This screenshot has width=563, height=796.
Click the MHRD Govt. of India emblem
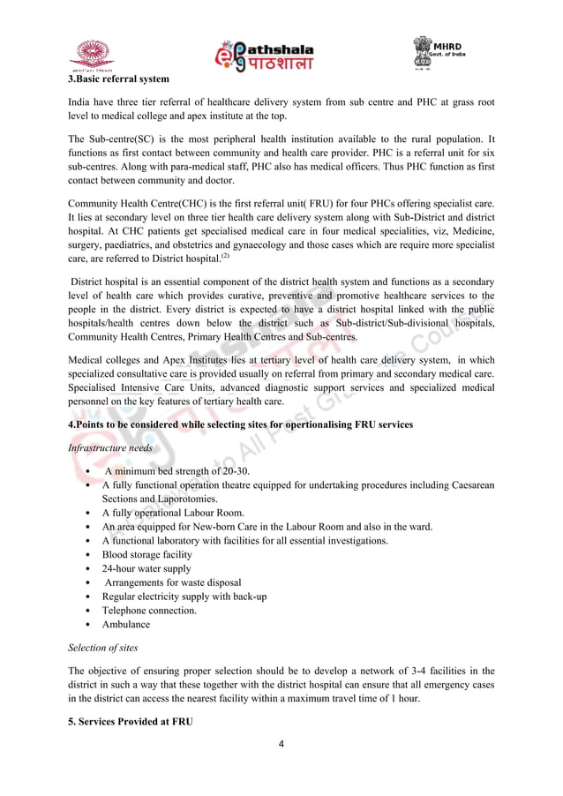point(435,52)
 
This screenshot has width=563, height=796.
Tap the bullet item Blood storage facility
point(146,554)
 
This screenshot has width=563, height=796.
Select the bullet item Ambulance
point(125,624)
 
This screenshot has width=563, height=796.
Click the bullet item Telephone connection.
point(149,610)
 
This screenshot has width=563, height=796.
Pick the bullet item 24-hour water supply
point(145,568)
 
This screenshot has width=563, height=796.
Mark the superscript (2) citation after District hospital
point(225,256)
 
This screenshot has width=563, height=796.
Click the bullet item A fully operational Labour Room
point(173,513)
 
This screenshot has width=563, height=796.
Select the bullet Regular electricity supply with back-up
point(184,597)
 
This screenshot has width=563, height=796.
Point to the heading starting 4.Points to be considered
point(240,425)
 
